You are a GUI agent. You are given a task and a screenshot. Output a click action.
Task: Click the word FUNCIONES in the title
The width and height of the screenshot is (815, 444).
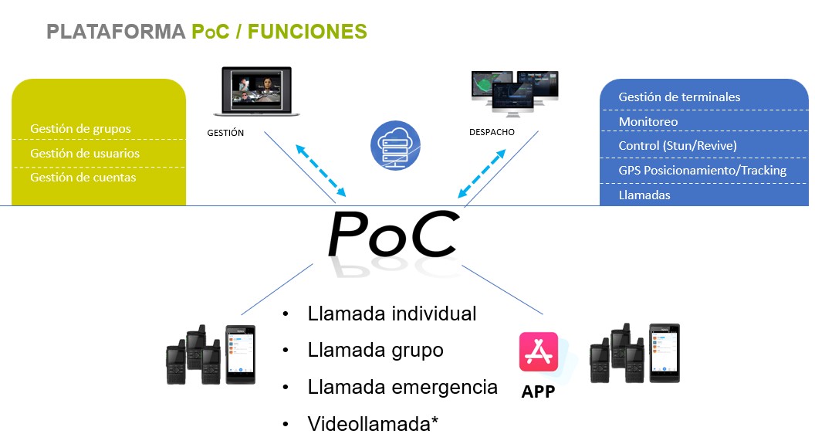pyautogui.click(x=307, y=32)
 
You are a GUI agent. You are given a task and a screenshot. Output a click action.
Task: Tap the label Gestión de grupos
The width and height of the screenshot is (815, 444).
pyautogui.click(x=80, y=129)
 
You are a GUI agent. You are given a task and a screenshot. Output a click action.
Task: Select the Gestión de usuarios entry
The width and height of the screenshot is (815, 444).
pyautogui.click(x=85, y=154)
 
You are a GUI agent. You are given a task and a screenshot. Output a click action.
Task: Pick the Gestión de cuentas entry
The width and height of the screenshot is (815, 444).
pyautogui.click(x=83, y=178)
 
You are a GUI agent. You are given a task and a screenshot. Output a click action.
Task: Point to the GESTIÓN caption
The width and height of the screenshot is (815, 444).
pyautogui.click(x=225, y=133)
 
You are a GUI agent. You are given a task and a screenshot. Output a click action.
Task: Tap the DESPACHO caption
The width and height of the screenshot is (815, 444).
pyautogui.click(x=492, y=132)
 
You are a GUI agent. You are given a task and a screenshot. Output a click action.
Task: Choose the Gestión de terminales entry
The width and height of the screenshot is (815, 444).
pyautogui.click(x=679, y=97)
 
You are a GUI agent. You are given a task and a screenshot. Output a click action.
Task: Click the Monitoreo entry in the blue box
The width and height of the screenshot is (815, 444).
pyautogui.click(x=648, y=122)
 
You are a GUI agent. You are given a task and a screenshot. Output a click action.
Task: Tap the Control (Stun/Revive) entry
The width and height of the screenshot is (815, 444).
pyautogui.click(x=678, y=146)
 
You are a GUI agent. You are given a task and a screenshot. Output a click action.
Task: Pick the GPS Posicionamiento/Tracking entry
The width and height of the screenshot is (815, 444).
pyautogui.click(x=702, y=171)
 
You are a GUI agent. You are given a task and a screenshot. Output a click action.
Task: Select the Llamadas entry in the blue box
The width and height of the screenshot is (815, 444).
pyautogui.click(x=644, y=195)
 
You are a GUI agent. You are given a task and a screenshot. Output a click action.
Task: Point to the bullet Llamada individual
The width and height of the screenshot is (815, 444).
pyautogui.click(x=391, y=314)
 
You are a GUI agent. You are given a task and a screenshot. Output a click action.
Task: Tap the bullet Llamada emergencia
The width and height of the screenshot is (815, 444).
pyautogui.click(x=402, y=387)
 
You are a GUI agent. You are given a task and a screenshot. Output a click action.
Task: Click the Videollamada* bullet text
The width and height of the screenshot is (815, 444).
pyautogui.click(x=374, y=424)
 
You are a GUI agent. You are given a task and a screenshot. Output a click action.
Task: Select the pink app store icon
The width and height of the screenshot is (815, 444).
pyautogui.click(x=539, y=351)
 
